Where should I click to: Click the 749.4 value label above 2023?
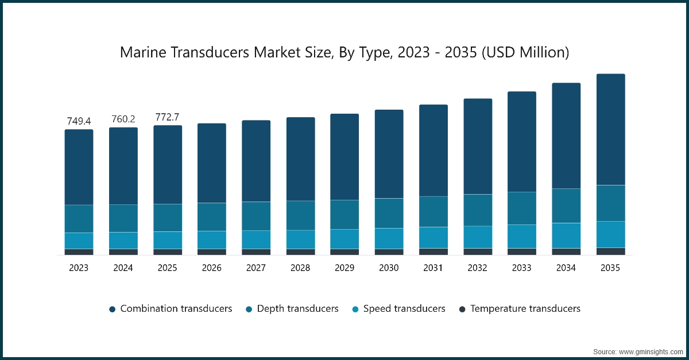[79, 121]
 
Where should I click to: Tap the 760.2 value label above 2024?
[123, 119]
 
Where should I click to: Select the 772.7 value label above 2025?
[168, 117]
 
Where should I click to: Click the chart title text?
[344, 53]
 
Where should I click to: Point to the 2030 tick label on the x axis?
[389, 268]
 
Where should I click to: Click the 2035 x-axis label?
[610, 268]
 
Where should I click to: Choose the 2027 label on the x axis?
[256, 268]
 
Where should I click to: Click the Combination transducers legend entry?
[171, 309]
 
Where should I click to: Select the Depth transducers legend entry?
[292, 309]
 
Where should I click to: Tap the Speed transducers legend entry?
[398, 309]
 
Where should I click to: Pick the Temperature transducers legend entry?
[520, 309]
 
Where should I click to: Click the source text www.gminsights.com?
[637, 351]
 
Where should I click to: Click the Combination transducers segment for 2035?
[610, 129]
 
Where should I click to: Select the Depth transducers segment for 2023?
[79, 219]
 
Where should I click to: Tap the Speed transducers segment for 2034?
[566, 235]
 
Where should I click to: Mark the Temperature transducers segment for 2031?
[433, 251]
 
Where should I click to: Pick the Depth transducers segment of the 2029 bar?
[344, 215]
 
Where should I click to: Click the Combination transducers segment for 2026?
[212, 163]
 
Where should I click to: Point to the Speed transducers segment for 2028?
[300, 239]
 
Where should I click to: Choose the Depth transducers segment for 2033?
[522, 208]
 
